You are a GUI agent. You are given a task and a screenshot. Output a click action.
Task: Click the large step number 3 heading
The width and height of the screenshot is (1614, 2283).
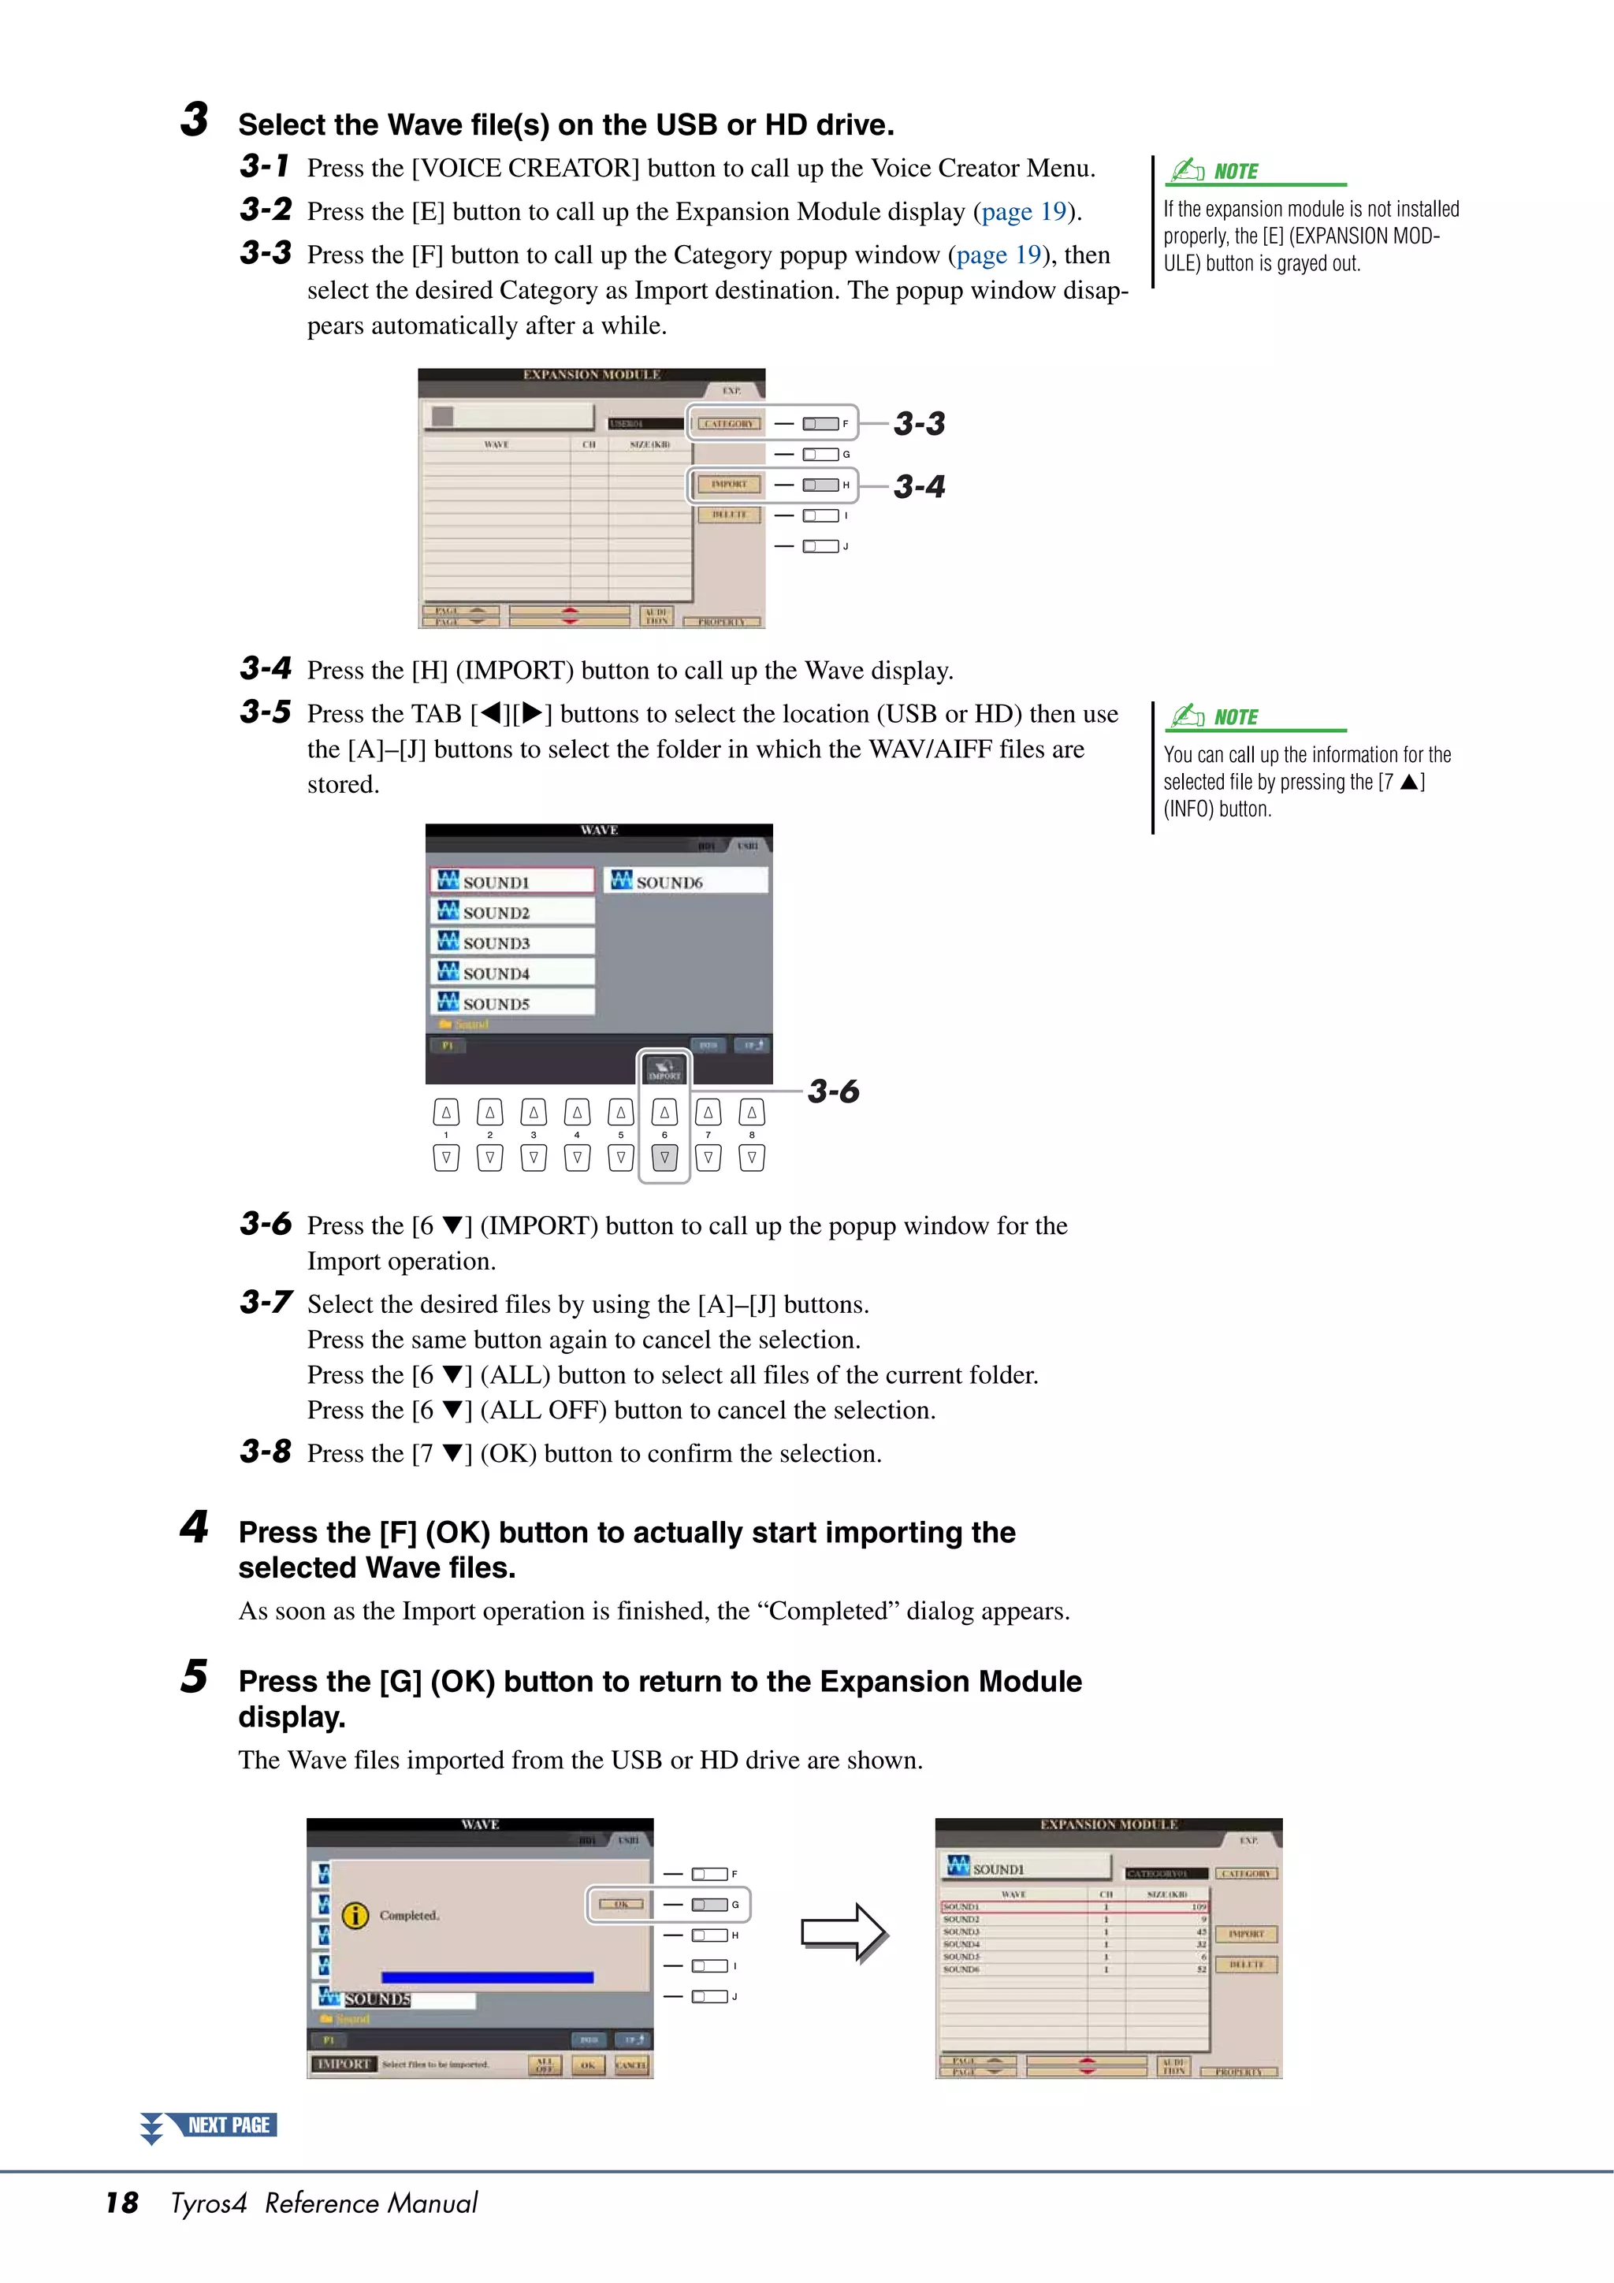195,121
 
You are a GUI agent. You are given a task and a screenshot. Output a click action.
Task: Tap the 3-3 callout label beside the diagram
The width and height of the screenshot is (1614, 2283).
919,425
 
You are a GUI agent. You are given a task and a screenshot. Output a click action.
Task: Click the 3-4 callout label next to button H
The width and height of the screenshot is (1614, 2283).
919,487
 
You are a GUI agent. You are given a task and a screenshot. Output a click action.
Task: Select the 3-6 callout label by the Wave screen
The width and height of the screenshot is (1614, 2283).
832,1091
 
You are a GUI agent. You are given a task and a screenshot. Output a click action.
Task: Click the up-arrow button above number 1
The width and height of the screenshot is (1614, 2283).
447,1113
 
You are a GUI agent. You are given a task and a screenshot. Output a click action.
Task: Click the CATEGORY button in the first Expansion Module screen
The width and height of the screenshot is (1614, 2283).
729,424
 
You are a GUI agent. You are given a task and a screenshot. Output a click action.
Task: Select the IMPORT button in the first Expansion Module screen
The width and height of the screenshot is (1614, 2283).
729,484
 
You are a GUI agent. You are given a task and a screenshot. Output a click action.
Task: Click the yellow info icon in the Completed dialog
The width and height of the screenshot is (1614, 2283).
355,1915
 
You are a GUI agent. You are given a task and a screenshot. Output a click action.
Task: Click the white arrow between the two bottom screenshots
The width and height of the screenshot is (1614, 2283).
843,1933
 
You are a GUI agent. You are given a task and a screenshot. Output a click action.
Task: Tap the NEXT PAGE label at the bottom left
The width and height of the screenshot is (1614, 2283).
228,2125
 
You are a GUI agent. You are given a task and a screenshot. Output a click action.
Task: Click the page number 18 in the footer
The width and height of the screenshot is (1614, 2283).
121,2203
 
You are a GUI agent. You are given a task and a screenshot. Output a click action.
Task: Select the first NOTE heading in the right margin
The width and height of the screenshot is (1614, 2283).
1235,172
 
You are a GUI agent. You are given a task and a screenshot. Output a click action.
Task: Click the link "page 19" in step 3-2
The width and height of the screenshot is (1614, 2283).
1023,212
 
